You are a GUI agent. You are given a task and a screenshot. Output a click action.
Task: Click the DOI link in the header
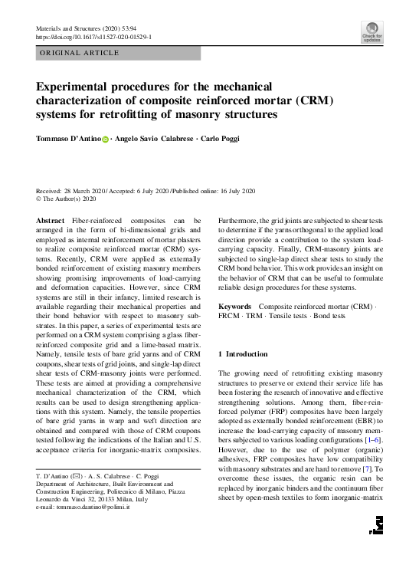pyautogui.click(x=94, y=36)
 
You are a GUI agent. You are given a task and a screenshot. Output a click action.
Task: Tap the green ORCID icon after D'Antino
pyautogui.click(x=106, y=140)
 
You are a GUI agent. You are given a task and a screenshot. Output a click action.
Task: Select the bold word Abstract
pyautogui.click(x=51, y=221)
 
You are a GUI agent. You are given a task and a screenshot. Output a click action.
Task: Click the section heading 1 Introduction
pyautogui.click(x=244, y=354)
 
